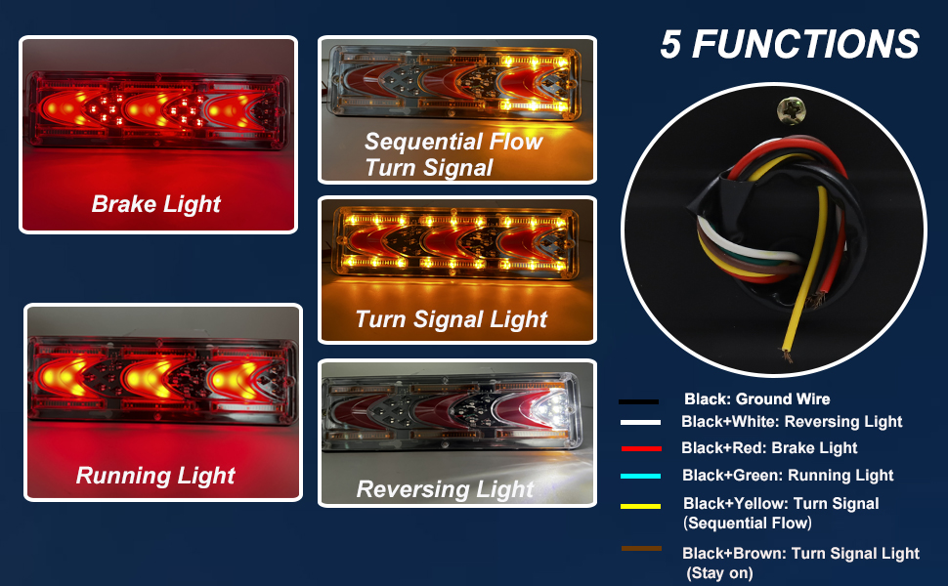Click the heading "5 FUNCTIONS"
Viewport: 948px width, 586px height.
[790, 44]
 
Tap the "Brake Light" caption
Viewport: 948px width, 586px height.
[156, 204]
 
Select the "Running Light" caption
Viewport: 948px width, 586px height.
[155, 476]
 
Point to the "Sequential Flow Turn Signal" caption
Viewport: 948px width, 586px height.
[453, 154]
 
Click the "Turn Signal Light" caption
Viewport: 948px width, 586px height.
[451, 319]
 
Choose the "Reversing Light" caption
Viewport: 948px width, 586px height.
[445, 488]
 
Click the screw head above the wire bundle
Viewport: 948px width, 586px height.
[791, 110]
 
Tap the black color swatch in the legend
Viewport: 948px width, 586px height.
[638, 401]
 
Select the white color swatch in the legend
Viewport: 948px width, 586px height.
[640, 422]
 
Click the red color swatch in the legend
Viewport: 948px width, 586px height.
[641, 449]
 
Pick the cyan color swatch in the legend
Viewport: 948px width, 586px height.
[641, 476]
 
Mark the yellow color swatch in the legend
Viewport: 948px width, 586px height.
[641, 506]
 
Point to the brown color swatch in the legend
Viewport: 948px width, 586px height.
[641, 549]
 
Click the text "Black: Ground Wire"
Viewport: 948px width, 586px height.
[757, 398]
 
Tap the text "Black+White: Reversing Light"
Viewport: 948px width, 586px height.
[792, 422]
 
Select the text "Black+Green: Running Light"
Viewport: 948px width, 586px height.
[788, 476]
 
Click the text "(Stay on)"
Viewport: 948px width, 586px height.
[719, 573]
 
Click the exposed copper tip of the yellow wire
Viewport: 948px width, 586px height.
[786, 355]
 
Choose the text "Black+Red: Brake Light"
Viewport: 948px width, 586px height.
[769, 447]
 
